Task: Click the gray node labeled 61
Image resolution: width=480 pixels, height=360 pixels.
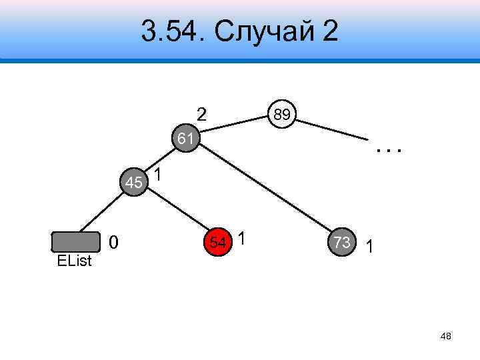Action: (x=186, y=139)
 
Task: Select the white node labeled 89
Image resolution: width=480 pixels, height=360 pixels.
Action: (x=282, y=115)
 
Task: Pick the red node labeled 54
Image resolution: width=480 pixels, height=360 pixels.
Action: (x=218, y=241)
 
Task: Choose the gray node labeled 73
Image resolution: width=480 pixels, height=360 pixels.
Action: (x=342, y=243)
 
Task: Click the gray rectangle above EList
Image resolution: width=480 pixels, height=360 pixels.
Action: (x=76, y=241)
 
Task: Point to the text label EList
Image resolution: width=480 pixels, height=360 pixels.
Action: (x=74, y=261)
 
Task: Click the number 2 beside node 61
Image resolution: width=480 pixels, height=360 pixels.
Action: (x=201, y=114)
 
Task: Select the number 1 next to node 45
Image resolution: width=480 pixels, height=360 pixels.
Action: (x=157, y=175)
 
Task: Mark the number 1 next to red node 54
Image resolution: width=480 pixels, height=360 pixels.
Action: (x=242, y=238)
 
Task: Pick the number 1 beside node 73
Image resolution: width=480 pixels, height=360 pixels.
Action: (x=369, y=248)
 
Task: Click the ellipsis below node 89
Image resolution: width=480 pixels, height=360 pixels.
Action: (x=389, y=151)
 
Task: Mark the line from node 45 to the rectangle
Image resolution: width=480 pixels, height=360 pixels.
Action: (x=103, y=211)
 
